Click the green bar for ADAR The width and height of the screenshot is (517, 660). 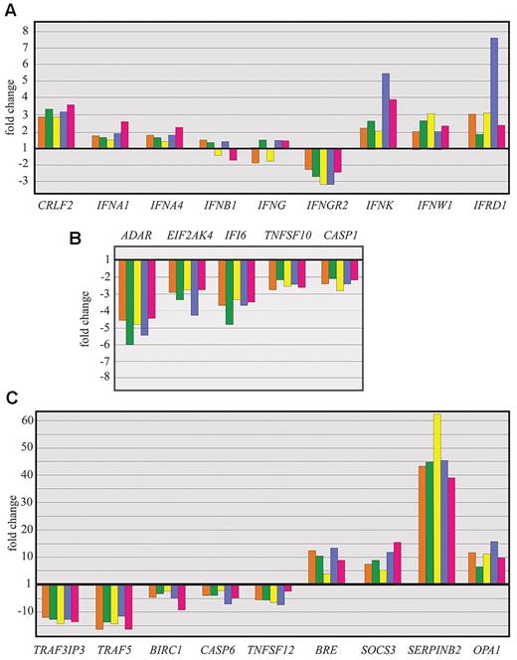(x=129, y=302)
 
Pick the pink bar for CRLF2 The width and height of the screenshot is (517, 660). (x=70, y=126)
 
